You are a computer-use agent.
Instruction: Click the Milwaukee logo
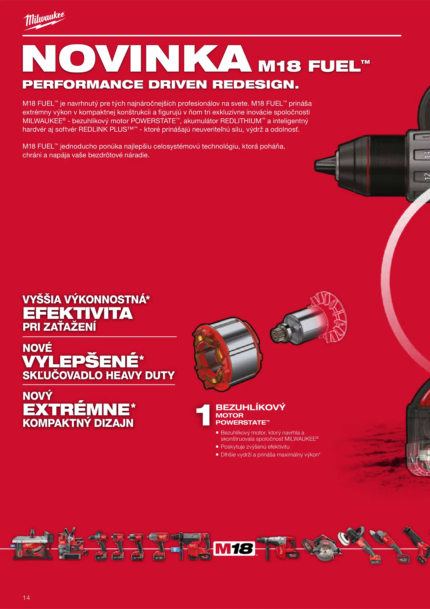coord(44,21)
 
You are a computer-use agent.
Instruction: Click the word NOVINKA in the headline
coord(137,59)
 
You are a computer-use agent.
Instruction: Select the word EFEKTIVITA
coord(78,313)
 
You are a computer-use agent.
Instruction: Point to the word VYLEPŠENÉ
coord(81,361)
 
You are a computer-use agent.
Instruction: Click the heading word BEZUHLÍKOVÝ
coord(251,407)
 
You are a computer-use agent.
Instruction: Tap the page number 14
coord(26,597)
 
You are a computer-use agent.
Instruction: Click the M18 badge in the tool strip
coord(234,548)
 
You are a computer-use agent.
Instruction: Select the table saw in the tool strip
coord(32,544)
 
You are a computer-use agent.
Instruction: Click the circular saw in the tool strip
coord(322,547)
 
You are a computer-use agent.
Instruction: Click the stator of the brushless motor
coord(227,354)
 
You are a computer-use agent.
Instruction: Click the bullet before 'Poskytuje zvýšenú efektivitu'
coord(217,447)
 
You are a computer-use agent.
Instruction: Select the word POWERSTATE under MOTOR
coord(241,422)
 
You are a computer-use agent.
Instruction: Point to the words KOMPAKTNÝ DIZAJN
coord(78,423)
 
